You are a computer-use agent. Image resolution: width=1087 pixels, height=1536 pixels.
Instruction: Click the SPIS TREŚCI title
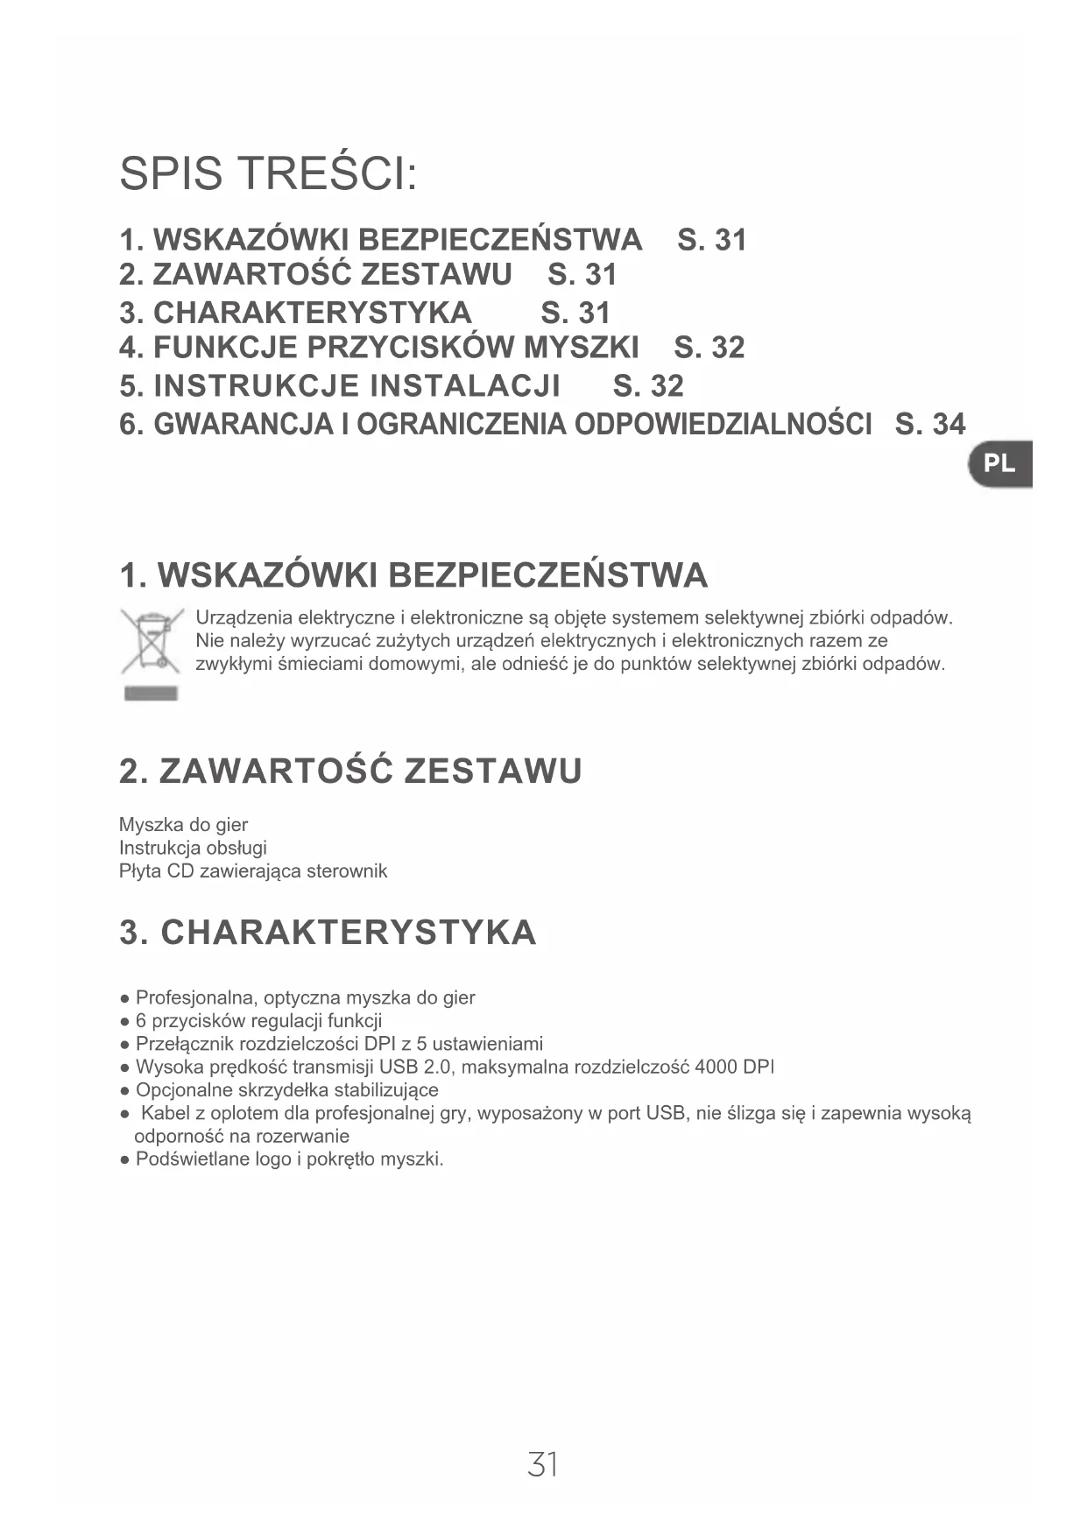tap(268, 173)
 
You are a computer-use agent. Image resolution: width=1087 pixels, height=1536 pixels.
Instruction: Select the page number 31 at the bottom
tap(543, 1463)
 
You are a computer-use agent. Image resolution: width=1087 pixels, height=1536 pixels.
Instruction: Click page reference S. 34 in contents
tap(930, 425)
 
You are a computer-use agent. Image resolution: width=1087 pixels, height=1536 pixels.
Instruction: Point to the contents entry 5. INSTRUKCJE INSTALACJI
tap(340, 386)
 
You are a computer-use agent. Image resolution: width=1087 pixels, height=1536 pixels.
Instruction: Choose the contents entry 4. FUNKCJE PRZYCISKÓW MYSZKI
tap(378, 348)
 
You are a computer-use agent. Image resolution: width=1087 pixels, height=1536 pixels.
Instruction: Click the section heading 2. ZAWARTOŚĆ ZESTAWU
tap(350, 772)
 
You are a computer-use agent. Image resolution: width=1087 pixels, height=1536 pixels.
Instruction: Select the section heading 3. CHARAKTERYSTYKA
tap(328, 933)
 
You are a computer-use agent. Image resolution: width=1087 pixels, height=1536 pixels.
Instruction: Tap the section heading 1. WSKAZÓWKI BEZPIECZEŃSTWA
tap(413, 576)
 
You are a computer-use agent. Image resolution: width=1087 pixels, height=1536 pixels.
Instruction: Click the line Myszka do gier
tap(183, 825)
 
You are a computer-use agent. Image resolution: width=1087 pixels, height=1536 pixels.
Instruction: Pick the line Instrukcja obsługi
tap(193, 848)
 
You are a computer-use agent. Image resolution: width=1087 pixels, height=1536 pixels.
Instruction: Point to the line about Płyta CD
tap(252, 871)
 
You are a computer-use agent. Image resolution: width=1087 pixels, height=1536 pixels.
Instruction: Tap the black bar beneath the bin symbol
tap(152, 694)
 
